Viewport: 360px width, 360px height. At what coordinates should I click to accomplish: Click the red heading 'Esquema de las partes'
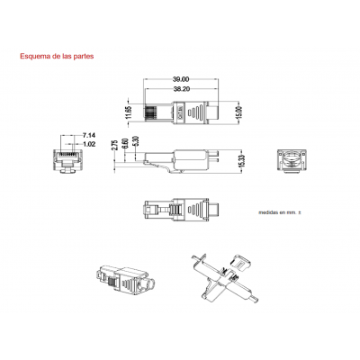coord(56,55)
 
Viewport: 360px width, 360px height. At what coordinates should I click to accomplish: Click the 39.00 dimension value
coord(181,80)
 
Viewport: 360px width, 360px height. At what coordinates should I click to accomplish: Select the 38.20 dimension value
coord(181,90)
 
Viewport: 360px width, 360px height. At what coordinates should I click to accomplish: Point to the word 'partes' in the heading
coord(82,55)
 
